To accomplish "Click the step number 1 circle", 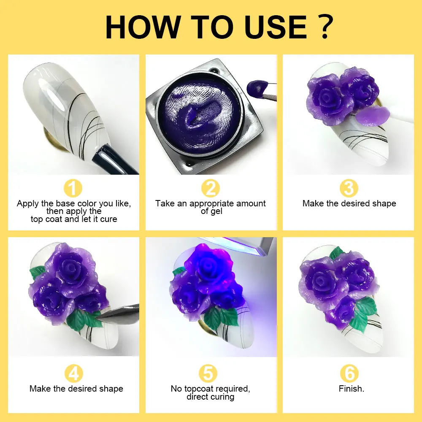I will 73,188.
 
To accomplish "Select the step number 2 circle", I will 210,188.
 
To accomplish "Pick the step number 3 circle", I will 349,188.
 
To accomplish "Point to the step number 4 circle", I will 73,373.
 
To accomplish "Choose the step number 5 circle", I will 210,373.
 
